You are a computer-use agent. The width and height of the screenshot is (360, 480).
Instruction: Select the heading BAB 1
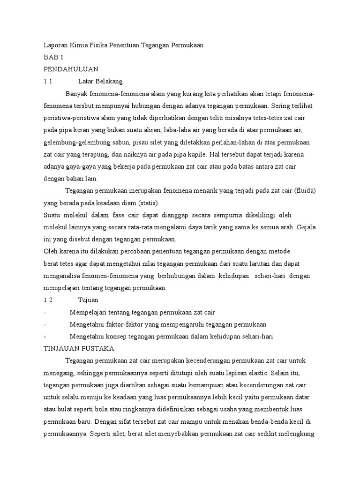tap(53, 57)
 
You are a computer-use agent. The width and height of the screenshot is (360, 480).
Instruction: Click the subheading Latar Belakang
tap(100, 81)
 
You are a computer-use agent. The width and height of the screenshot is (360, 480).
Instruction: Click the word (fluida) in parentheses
tap(304, 191)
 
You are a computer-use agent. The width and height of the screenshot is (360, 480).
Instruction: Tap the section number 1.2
tap(48, 300)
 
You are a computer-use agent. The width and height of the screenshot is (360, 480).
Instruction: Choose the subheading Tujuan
tap(88, 300)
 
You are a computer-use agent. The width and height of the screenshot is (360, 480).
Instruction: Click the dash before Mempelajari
tap(45, 312)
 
